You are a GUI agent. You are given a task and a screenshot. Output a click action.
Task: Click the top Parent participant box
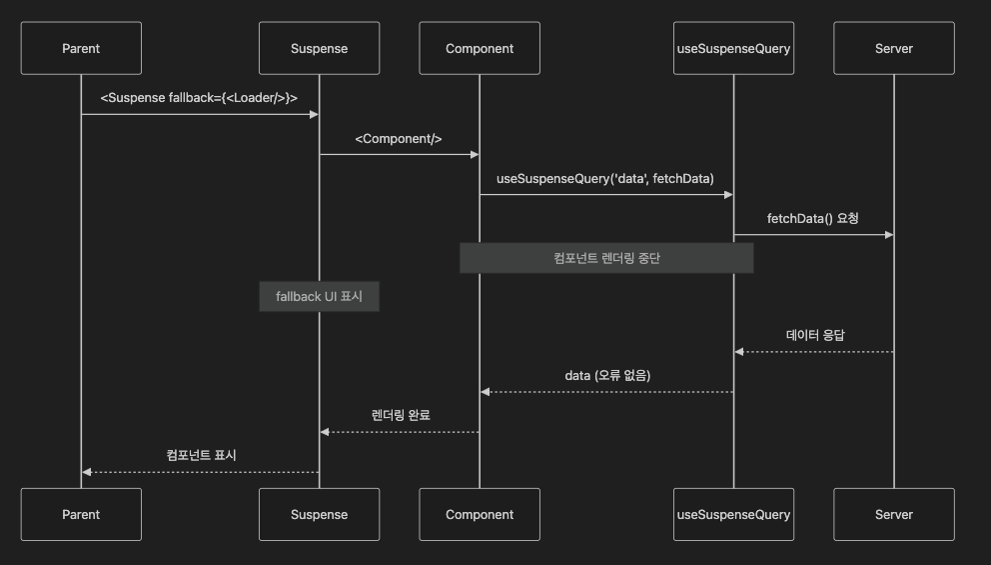(x=81, y=48)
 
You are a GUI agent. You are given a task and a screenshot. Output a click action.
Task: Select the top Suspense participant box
(x=319, y=48)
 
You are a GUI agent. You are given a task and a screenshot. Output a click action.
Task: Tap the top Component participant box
(x=480, y=48)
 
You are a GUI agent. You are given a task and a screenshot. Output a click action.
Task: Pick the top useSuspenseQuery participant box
(x=733, y=48)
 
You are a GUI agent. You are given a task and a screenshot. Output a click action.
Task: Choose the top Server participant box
(x=893, y=48)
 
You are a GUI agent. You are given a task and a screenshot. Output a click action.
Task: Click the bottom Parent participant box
(x=81, y=514)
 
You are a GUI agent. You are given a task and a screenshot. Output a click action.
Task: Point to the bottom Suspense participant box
(x=319, y=514)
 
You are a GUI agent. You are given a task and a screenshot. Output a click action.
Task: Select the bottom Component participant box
(x=480, y=514)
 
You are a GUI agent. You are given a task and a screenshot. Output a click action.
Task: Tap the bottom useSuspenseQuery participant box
(x=733, y=514)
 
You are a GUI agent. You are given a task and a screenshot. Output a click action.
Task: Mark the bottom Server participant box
(x=893, y=514)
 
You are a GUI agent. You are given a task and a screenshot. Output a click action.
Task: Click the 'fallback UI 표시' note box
(x=319, y=297)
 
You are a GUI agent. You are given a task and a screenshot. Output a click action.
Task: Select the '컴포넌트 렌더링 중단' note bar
(x=606, y=258)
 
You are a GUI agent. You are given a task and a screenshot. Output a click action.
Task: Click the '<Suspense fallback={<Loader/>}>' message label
(x=199, y=98)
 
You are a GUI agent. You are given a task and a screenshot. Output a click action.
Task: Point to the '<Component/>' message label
(x=399, y=138)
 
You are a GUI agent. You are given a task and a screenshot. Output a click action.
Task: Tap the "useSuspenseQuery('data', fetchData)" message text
(x=605, y=178)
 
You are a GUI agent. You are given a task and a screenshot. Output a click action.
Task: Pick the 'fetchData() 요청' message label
(x=812, y=218)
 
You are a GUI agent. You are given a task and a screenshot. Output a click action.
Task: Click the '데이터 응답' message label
(x=814, y=336)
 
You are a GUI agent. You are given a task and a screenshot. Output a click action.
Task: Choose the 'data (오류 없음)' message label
(x=606, y=376)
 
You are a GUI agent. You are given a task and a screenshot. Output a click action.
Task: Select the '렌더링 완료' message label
(x=400, y=415)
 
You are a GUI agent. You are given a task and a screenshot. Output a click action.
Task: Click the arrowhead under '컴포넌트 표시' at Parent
(x=87, y=472)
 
